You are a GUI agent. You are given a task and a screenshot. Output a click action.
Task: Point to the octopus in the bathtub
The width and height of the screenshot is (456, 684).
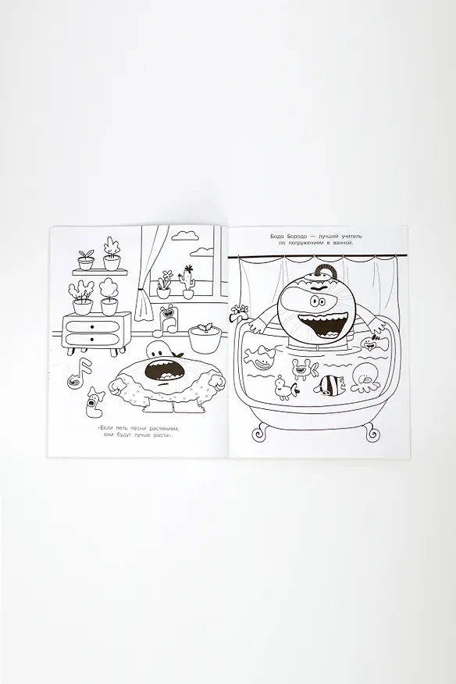tap(365, 378)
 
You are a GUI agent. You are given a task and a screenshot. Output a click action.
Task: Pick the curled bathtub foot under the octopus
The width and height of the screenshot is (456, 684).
tap(372, 430)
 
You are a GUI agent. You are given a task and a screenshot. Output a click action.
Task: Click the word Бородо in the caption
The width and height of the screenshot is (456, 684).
tap(294, 237)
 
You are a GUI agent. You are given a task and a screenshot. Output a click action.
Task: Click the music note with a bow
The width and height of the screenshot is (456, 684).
tap(94, 402)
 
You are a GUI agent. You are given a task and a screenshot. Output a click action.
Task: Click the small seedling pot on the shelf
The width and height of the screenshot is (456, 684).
tap(86, 260)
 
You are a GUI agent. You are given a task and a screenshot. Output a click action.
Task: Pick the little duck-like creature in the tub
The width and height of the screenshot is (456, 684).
tap(284, 388)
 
